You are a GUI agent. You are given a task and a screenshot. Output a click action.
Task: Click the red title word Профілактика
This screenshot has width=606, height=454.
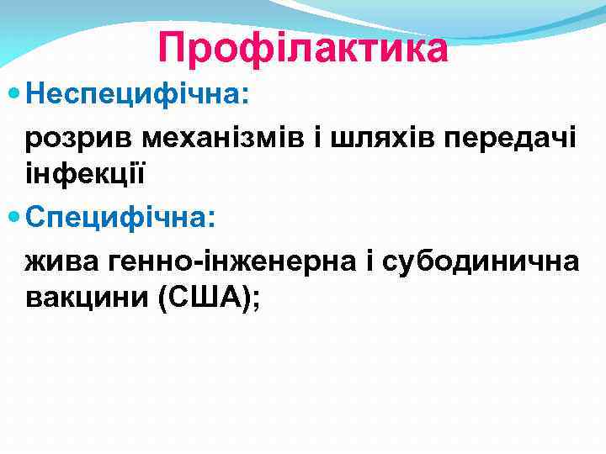tap(303, 47)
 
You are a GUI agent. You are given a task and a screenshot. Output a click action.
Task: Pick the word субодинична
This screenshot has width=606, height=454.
tap(481, 261)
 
